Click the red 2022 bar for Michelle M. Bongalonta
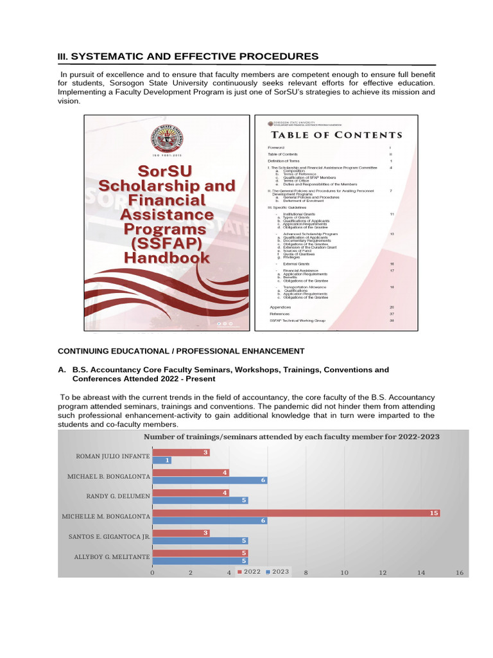click(x=295, y=512)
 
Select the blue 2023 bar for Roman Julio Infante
click(x=162, y=460)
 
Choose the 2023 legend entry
click(x=277, y=572)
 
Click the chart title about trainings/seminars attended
click(x=291, y=436)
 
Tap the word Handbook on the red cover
click(x=167, y=258)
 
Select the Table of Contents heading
click(x=337, y=135)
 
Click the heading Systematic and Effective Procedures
click(x=188, y=57)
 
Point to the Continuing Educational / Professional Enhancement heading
click(x=181, y=351)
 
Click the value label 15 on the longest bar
click(x=434, y=512)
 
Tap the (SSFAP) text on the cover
click(x=167, y=244)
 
